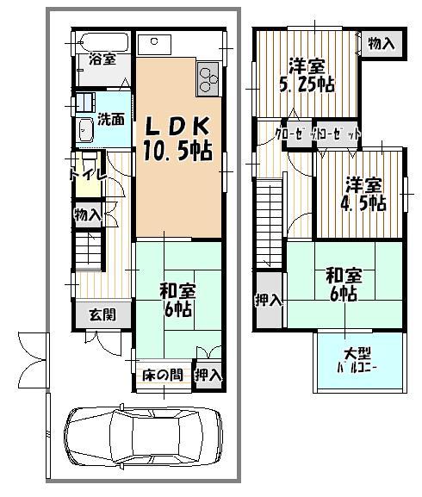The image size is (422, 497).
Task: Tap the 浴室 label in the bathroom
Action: (102, 60)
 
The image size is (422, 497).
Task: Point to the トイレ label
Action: (87, 174)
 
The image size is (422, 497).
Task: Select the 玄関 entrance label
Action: (102, 314)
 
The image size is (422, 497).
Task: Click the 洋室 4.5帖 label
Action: (364, 194)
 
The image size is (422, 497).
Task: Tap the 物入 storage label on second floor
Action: (381, 43)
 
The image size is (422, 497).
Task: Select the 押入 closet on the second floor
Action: (268, 300)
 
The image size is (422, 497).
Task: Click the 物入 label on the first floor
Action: (88, 214)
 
